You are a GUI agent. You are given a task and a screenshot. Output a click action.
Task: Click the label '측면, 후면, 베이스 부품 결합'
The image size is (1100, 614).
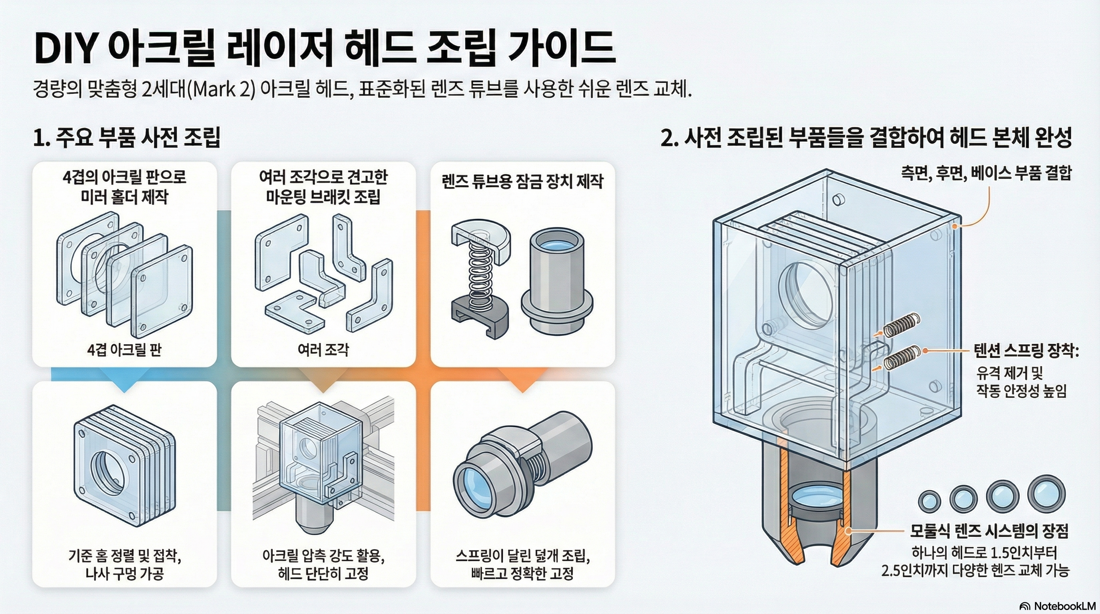(986, 173)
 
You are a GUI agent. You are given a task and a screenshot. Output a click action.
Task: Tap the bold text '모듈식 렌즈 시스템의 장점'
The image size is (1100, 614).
(989, 531)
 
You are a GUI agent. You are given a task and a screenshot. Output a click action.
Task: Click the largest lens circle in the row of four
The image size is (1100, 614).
(1046, 495)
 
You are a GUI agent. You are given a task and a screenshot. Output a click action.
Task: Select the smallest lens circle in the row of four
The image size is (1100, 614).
(929, 500)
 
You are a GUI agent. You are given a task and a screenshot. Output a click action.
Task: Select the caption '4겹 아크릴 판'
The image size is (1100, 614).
(124, 350)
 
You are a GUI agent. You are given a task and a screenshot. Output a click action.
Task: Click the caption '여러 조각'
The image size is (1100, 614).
(323, 350)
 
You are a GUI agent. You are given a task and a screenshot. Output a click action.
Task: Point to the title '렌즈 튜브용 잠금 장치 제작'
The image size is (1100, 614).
(522, 181)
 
